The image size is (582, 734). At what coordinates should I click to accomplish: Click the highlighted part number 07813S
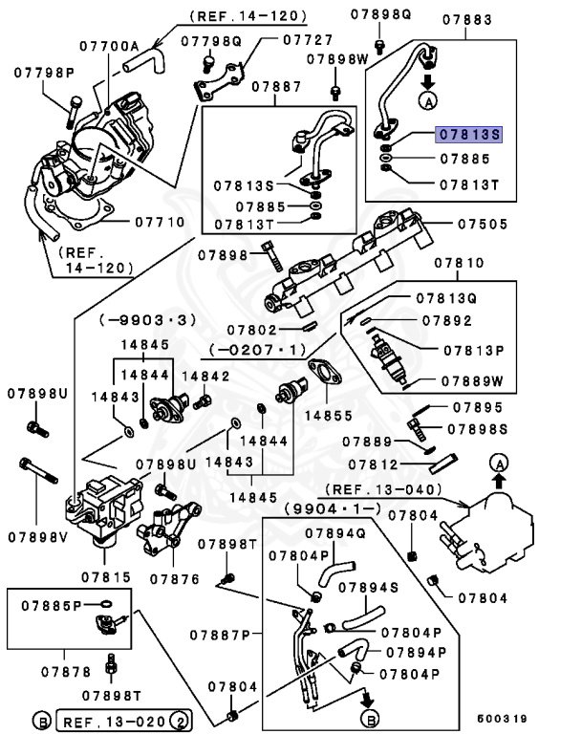(x=468, y=135)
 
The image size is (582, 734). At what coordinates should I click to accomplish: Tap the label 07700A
(x=109, y=45)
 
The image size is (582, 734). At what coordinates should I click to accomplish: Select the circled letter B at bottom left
(x=42, y=717)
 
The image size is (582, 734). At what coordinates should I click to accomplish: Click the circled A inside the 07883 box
(x=427, y=98)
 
